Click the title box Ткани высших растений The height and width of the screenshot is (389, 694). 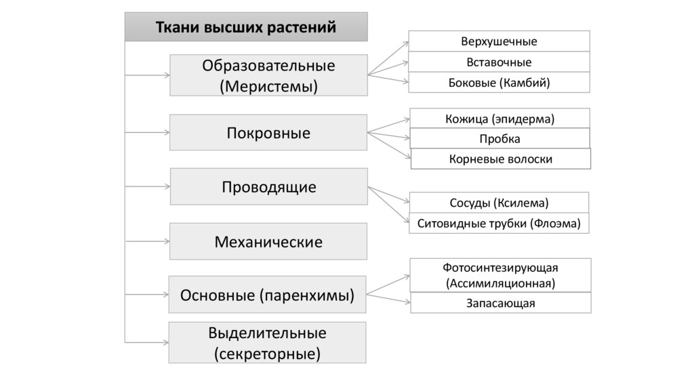point(246,27)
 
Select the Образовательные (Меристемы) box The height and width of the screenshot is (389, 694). point(268,75)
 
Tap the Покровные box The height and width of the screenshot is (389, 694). point(268,132)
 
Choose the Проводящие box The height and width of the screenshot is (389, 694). point(268,186)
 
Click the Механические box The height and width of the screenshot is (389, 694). point(268,241)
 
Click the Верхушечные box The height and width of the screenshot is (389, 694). point(499,41)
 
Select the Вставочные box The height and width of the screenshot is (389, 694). point(499,62)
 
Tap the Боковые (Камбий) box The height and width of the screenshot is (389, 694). point(499,83)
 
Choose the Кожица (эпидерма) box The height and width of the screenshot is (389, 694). point(499,119)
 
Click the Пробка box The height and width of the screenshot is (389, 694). point(499,138)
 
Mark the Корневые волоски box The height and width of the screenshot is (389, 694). point(501,159)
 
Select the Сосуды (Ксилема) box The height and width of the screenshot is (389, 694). point(499,203)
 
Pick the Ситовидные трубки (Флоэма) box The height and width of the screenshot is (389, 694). point(499,223)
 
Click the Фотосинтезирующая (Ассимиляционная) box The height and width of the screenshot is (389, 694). point(501,274)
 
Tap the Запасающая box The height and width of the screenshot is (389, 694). point(501,303)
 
